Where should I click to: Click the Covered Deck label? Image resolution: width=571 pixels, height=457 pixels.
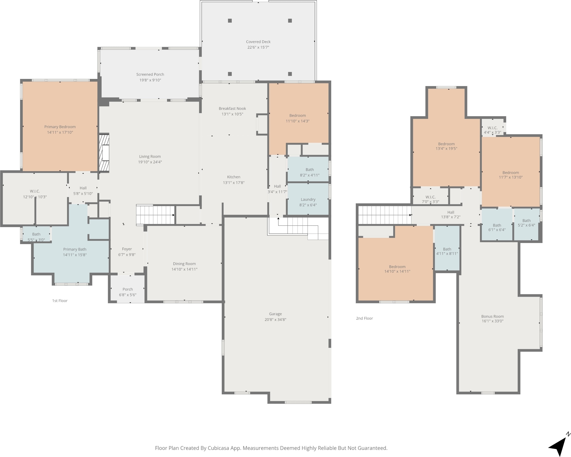coord(258,41)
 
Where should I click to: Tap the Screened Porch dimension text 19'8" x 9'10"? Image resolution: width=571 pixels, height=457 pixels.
coord(150,80)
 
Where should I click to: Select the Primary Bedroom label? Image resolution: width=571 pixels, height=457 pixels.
coord(60,127)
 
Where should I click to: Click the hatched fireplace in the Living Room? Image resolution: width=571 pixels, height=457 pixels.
coord(104,153)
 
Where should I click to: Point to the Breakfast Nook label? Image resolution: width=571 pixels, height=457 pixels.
coord(232,109)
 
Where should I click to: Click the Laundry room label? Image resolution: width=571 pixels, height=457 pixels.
coord(308,199)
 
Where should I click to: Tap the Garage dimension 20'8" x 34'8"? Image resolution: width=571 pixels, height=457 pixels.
coord(275,319)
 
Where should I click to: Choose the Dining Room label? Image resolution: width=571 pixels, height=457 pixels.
coord(184,264)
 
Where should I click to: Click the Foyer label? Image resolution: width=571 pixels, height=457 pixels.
coord(127,249)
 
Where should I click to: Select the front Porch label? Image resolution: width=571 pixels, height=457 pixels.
coord(128,289)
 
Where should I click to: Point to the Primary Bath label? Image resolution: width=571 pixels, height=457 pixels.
coord(75,249)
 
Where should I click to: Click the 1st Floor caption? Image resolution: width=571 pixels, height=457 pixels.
coord(60,300)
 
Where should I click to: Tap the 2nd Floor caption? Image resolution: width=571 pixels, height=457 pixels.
coord(364,318)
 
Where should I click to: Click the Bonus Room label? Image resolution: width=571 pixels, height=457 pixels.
coord(493,316)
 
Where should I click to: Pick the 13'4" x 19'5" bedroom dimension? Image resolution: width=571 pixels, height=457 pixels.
coord(447,149)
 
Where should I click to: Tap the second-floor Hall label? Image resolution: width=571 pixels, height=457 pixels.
coord(451,212)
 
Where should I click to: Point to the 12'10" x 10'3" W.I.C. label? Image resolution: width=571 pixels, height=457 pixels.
coord(35,194)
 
